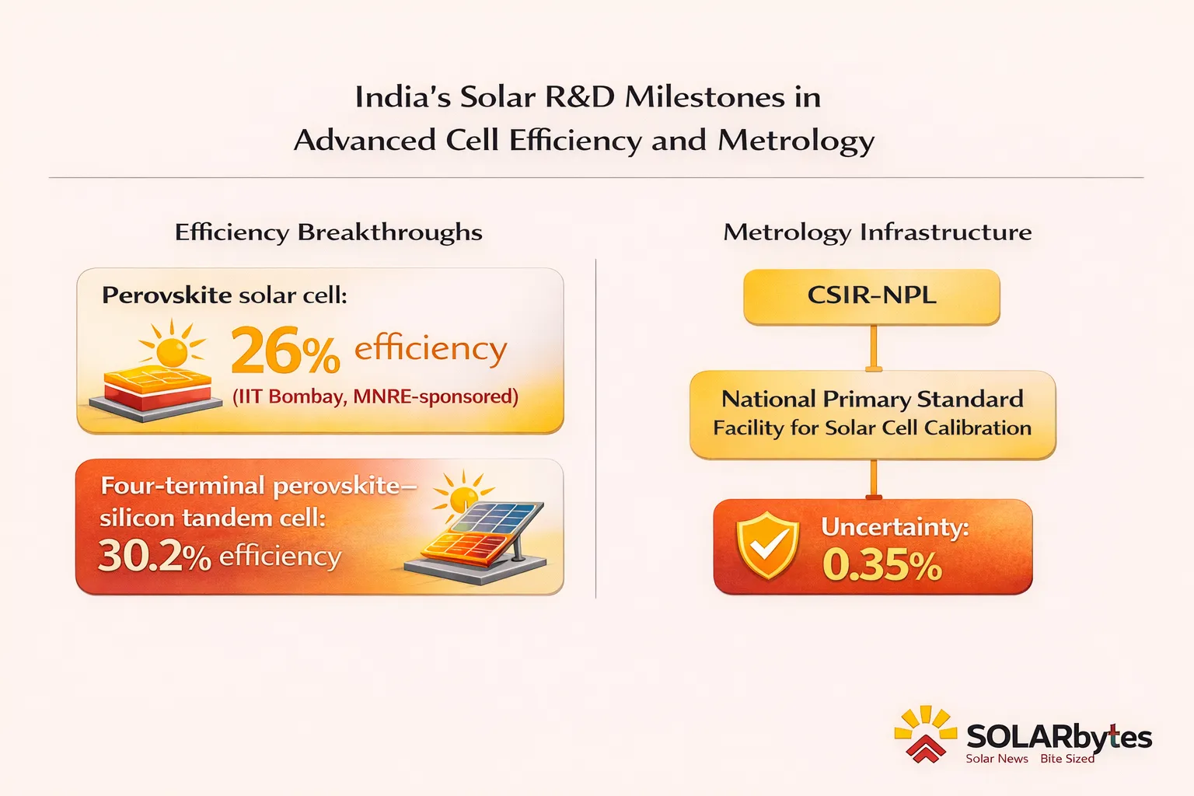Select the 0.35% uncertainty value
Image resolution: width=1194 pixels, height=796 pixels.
[882, 565]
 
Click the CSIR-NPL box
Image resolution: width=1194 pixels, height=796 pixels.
[871, 296]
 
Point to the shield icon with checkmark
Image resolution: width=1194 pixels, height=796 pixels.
[767, 546]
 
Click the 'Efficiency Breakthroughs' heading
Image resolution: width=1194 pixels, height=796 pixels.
[328, 232]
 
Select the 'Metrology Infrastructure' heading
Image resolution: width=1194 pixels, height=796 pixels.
[877, 232]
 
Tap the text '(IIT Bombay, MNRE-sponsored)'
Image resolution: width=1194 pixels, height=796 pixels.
[375, 396]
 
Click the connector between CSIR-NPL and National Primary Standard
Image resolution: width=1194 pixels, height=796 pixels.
[873, 347]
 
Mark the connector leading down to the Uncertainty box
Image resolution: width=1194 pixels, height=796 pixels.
[873, 478]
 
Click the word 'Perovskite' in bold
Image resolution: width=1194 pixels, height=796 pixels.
[166, 295]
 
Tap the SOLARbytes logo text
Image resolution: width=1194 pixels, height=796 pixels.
[1058, 736]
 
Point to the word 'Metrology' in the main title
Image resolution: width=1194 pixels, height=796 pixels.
[796, 141]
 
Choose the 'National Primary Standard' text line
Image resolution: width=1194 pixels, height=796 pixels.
[872, 400]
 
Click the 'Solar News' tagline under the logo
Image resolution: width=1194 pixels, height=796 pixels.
[997, 759]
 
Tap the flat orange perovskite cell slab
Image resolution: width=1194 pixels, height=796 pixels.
[158, 387]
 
